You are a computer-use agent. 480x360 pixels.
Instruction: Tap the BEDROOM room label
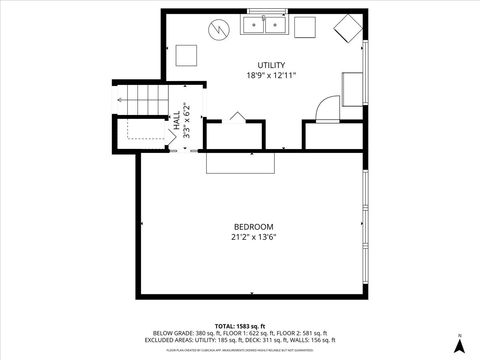tap(254, 226)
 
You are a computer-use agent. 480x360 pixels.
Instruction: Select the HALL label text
tap(177, 119)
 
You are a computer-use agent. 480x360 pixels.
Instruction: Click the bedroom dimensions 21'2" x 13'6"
tap(254, 237)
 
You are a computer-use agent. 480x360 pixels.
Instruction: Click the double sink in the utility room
tap(264, 25)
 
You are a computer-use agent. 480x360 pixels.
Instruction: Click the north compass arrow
tap(459, 344)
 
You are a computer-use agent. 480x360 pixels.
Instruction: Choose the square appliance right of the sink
tap(304, 26)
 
